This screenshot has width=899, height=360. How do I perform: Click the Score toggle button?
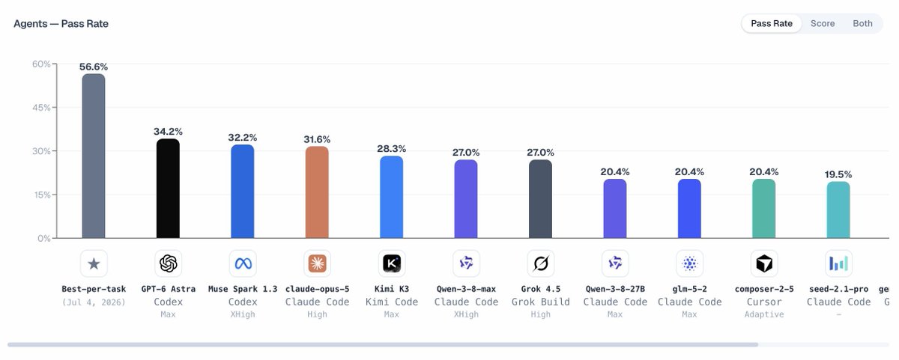823,24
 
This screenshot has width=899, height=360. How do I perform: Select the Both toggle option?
862,24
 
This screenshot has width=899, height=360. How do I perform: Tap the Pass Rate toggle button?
772,24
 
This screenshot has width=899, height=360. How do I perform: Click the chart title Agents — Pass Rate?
61,24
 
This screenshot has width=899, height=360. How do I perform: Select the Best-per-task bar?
94,156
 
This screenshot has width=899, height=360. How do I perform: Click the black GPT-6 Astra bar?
168,189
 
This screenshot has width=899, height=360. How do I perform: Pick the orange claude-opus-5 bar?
317,192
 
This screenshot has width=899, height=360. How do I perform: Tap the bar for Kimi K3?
391,197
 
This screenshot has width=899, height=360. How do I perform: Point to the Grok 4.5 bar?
540,199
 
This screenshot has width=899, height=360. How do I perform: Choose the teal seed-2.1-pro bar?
838,210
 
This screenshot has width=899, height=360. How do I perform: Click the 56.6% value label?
94,67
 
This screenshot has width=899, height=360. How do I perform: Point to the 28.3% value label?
391,149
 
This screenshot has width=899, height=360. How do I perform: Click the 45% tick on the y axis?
41,108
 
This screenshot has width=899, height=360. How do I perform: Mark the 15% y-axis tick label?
42,195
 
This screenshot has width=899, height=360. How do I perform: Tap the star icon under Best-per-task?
94,263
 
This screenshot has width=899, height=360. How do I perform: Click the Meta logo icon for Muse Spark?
243,263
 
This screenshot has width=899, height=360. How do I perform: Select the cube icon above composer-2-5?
764,263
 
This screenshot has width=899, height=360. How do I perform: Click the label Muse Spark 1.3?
243,289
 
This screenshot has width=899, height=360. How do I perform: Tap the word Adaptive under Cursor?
764,314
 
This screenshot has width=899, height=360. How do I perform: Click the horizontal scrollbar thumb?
383,345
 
